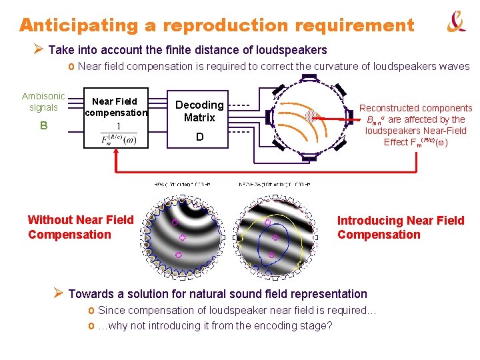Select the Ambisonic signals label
click(43, 101)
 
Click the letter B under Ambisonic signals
click(43, 125)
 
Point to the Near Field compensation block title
click(115, 107)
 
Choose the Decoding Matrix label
click(199, 111)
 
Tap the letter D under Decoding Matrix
click(199, 137)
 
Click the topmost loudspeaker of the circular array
click(309, 77)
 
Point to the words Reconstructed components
click(416, 108)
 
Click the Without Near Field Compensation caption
click(81, 227)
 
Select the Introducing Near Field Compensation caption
click(401, 227)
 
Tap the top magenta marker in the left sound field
click(175, 221)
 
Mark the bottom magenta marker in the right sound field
click(271, 255)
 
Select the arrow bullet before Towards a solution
click(59, 293)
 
